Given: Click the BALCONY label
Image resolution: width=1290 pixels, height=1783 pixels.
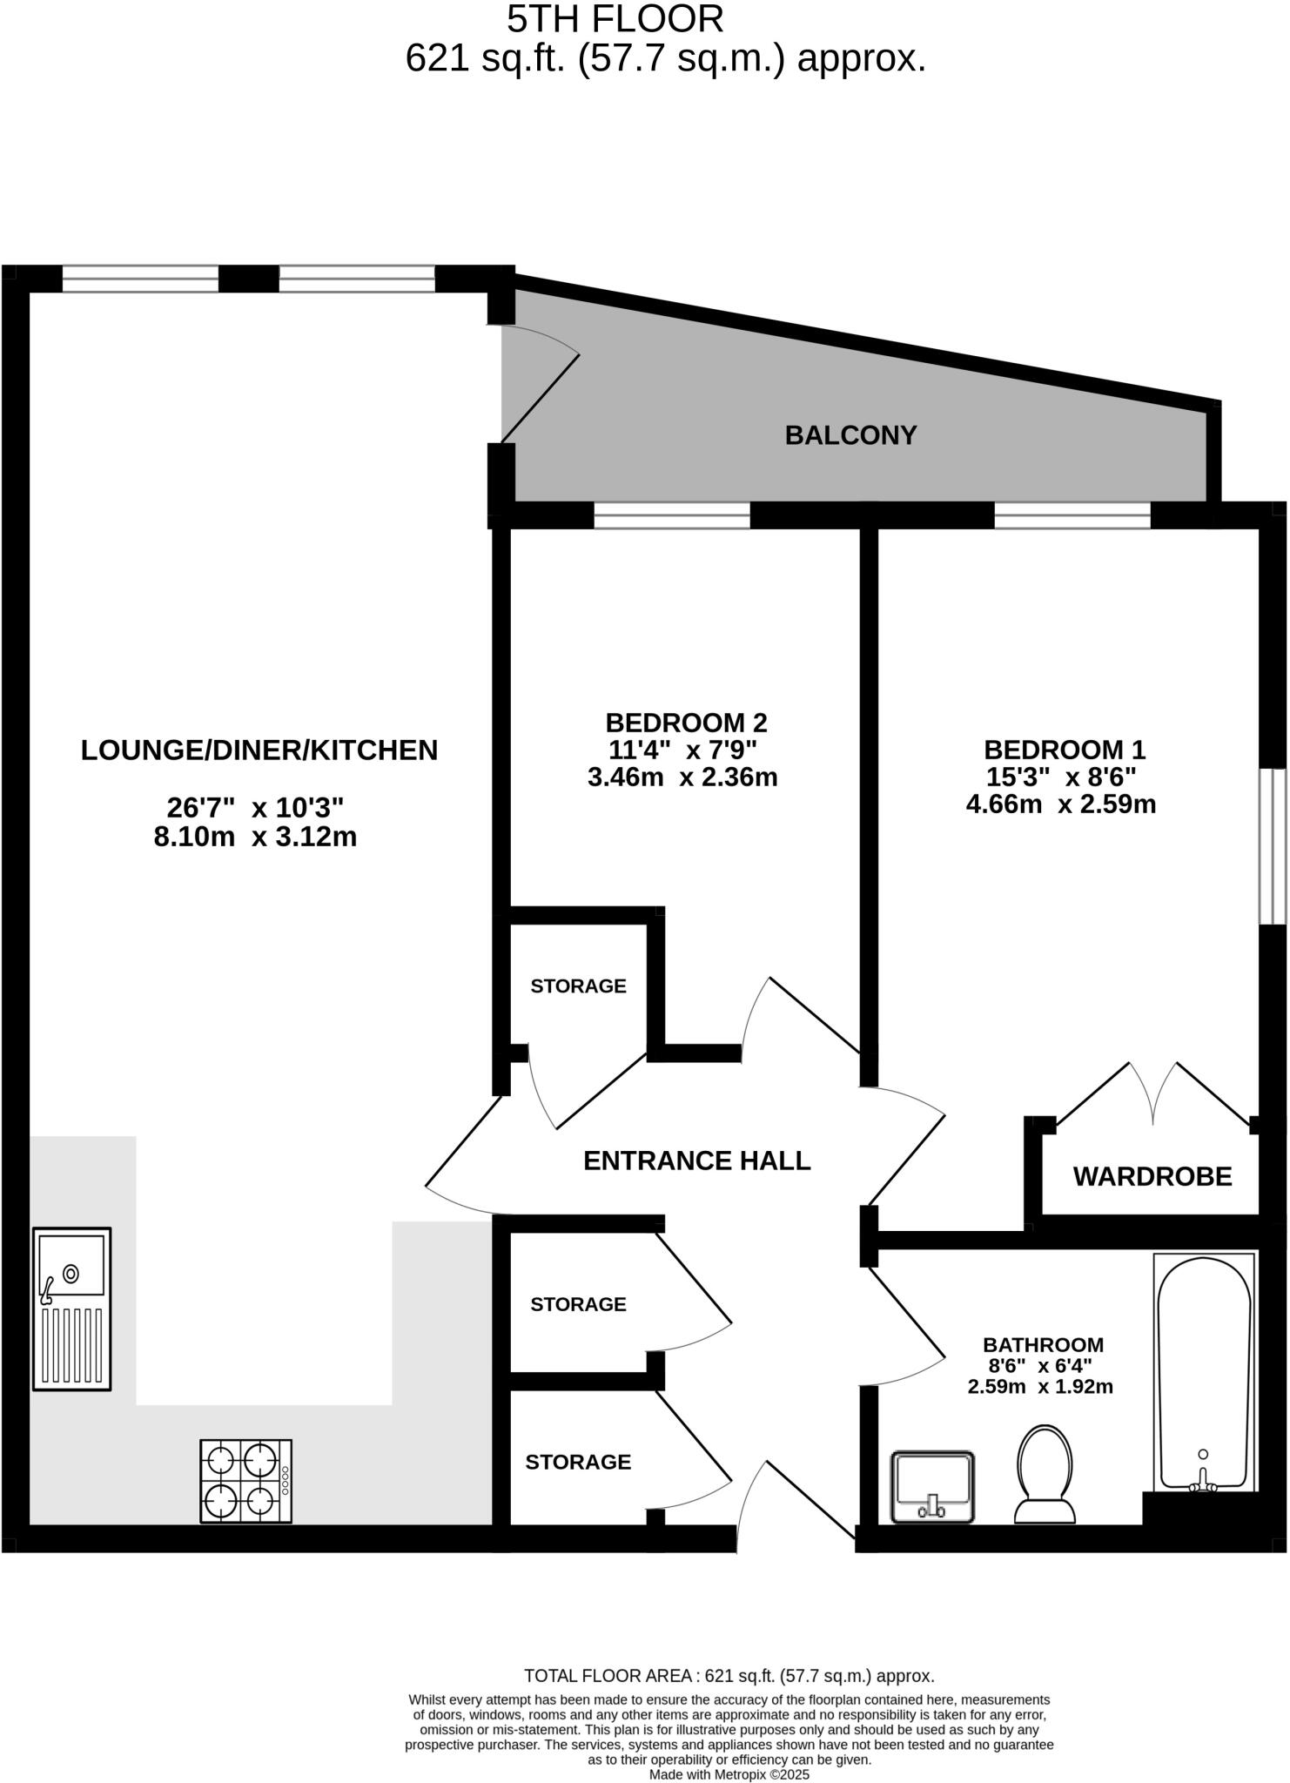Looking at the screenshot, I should coord(850,435).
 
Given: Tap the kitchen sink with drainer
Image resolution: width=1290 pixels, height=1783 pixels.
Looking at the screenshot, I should coord(72,1309).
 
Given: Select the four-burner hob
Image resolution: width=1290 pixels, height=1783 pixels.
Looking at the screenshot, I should coord(246,1481).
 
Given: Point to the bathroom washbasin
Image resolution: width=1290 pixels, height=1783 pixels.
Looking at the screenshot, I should coord(932,1487).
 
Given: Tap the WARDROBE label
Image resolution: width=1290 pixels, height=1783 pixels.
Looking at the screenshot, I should coord(1152,1177).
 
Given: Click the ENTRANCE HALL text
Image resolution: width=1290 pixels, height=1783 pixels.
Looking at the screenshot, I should coord(696,1161).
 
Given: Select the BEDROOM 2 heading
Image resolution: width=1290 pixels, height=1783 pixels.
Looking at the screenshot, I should coord(686,723).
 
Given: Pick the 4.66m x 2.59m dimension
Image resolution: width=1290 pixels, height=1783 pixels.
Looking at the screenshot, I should coord(1060,804).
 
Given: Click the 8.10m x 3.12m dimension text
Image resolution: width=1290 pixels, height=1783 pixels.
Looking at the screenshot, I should coord(255,838).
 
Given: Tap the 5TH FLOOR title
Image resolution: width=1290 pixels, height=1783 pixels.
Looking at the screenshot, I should coord(615,19).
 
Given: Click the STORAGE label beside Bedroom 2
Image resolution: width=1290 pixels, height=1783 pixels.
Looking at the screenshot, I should coord(578,986).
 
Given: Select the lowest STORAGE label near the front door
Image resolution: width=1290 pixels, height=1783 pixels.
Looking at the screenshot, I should coord(578,1462).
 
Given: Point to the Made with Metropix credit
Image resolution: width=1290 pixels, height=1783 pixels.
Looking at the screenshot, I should coord(729,1774).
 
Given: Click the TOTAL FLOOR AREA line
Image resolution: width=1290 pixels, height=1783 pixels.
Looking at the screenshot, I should coord(729,1676).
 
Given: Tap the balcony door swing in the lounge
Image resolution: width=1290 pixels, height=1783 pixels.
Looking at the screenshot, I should coord(540,383).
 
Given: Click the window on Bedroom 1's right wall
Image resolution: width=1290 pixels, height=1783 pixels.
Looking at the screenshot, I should coord(1274,844).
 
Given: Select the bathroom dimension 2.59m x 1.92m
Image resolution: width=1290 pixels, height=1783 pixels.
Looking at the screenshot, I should coord(1039,1387).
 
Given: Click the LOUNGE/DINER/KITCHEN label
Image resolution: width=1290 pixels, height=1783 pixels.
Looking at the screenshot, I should coord(259,750).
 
